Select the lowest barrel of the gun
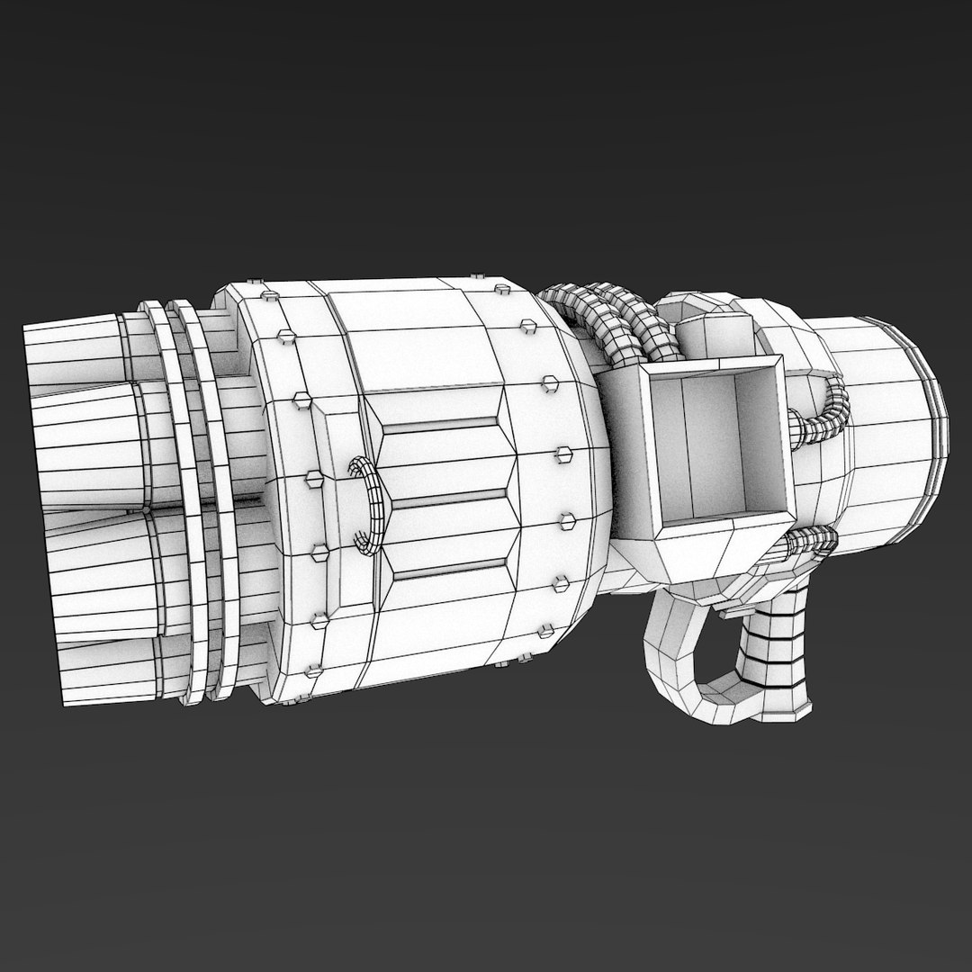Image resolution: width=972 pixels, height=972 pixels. [x=90, y=662]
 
